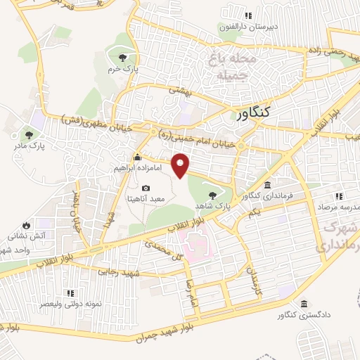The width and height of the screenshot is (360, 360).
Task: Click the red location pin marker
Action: [181, 164]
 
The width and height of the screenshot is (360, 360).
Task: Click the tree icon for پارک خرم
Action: [123, 58]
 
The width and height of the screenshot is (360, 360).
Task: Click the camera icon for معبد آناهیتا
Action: [146, 188]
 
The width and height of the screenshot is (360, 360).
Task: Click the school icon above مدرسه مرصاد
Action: [338, 195]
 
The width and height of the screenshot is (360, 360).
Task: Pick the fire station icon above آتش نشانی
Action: [26, 225]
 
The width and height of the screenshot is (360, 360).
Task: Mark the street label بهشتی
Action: [180, 89]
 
